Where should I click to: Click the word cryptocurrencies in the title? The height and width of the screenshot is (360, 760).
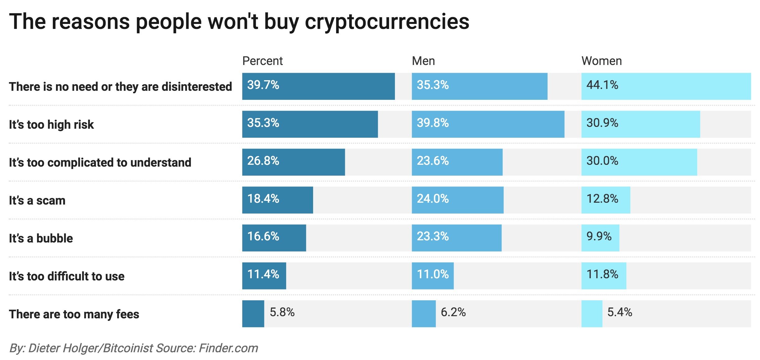pyautogui.click(x=387, y=22)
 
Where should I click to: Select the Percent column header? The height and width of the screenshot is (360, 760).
pyautogui.click(x=262, y=61)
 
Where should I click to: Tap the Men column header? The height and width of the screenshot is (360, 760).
pyautogui.click(x=423, y=61)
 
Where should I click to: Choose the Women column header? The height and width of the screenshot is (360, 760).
pyautogui.click(x=601, y=61)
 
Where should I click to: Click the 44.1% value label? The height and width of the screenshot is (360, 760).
pyautogui.click(x=602, y=85)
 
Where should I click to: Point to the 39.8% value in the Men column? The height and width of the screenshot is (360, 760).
pyautogui.click(x=433, y=123)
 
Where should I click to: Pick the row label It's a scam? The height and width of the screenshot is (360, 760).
pyautogui.click(x=37, y=201)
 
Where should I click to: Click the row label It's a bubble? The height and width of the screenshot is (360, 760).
pyautogui.click(x=41, y=238)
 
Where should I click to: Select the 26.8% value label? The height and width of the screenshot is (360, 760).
pyautogui.click(x=263, y=161)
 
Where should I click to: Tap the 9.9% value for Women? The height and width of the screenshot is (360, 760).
pyautogui.click(x=599, y=236)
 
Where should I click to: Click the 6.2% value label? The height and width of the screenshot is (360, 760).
pyautogui.click(x=453, y=312)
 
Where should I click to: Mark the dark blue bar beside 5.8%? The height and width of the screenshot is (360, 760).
pyautogui.click(x=253, y=314)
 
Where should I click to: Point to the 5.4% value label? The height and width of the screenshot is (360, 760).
pyautogui.click(x=619, y=312)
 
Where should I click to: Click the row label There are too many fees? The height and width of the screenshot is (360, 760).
pyautogui.click(x=74, y=314)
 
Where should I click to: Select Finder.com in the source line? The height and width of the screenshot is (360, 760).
pyautogui.click(x=228, y=348)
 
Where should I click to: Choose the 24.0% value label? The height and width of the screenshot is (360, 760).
pyautogui.click(x=433, y=199)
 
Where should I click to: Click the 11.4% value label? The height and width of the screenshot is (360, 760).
pyautogui.click(x=263, y=274)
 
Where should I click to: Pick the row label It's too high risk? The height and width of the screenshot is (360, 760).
pyautogui.click(x=51, y=125)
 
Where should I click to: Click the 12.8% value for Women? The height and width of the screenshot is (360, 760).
pyautogui.click(x=602, y=199)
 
